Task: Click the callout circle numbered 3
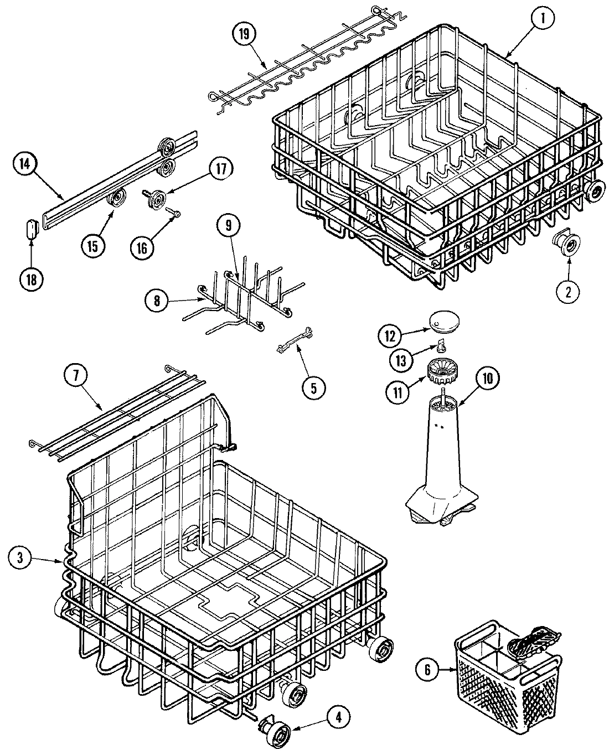coord(20,559)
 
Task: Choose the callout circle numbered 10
coord(487,379)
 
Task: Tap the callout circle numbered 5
coord(313,387)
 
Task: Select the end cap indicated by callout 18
coord(32,227)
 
